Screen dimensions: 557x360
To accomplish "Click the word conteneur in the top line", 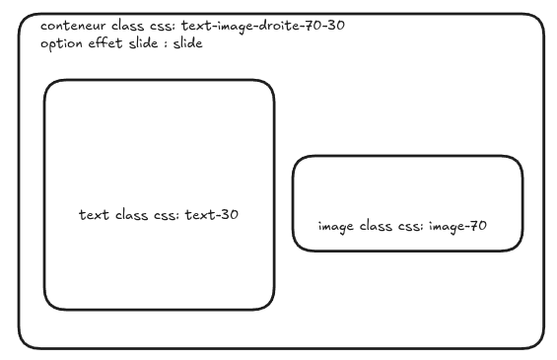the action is pyautogui.click(x=73, y=26).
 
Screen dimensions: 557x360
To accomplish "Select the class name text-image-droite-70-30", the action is pyautogui.click(x=263, y=26).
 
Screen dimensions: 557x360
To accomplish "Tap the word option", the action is pyautogui.click(x=61, y=44).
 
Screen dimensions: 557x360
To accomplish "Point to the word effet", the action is pyautogui.click(x=105, y=43).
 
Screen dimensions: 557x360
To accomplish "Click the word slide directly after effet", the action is pyautogui.click(x=143, y=43).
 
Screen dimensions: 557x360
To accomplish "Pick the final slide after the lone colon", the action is pyautogui.click(x=188, y=43).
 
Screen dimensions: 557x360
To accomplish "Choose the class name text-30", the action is pyautogui.click(x=212, y=215).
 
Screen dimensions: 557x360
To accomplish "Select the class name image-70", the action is pyautogui.click(x=457, y=227).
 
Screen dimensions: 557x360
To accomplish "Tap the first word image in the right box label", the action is pyautogui.click(x=336, y=227).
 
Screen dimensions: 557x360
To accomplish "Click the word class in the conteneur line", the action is pyautogui.click(x=127, y=26).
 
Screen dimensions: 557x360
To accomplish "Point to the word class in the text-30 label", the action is pyautogui.click(x=131, y=215).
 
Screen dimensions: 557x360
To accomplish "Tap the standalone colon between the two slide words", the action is pyautogui.click(x=166, y=44).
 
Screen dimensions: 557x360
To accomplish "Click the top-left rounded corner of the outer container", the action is pyautogui.click(x=25, y=20).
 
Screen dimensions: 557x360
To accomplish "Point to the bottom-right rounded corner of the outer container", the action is pyautogui.click(x=538, y=343).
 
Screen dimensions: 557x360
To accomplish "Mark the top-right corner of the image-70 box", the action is pyautogui.click(x=519, y=161).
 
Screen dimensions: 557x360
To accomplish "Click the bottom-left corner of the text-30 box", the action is pyautogui.click(x=49, y=306).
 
